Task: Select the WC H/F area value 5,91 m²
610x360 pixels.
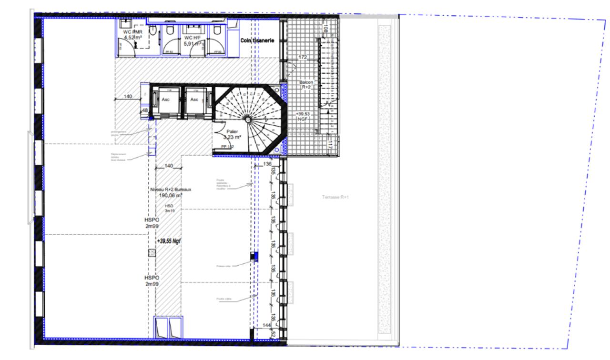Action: (x=193, y=43)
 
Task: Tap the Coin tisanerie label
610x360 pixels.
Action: (x=257, y=41)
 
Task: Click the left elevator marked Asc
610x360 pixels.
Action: (x=166, y=100)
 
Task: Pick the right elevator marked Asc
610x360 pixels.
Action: (x=194, y=100)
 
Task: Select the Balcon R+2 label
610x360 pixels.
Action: (x=305, y=85)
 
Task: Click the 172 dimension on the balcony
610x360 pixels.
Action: (x=303, y=57)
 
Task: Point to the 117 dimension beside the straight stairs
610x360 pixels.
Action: (x=330, y=143)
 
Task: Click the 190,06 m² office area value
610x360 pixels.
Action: (x=170, y=195)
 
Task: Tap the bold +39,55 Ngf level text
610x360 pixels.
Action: (x=169, y=241)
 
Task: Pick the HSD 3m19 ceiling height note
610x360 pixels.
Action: (x=170, y=208)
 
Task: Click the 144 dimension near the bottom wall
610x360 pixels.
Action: (x=267, y=325)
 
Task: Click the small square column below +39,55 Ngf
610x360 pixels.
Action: (x=152, y=252)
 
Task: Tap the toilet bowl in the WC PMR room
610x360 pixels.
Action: (x=152, y=30)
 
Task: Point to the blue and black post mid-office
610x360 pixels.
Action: (x=254, y=257)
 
